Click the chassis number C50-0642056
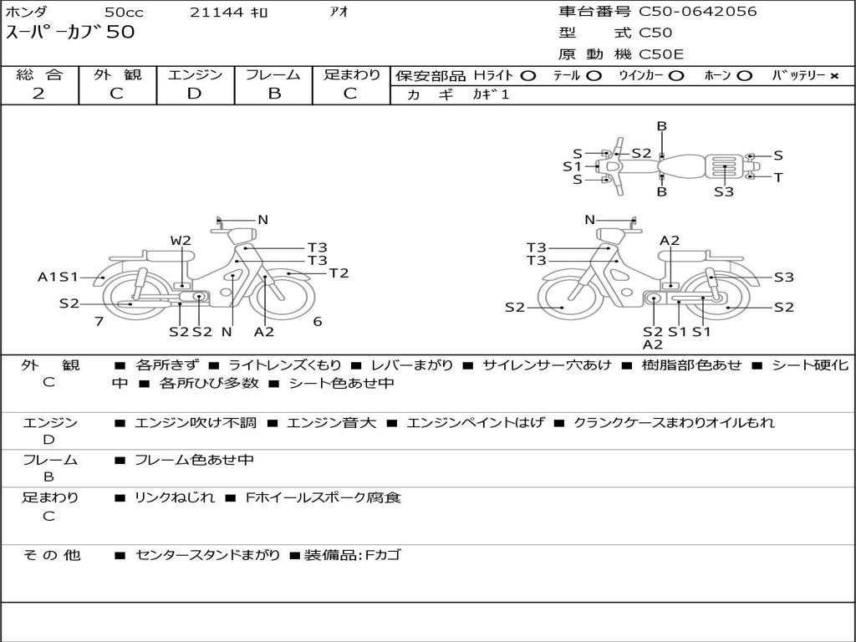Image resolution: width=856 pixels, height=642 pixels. (698, 12)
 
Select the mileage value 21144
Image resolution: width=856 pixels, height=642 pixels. (217, 13)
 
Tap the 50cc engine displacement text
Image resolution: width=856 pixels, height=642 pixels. (124, 13)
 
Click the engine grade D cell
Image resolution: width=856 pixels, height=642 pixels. (194, 94)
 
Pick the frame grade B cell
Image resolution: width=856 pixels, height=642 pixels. (273, 94)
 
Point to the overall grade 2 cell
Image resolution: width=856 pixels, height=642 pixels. (38, 94)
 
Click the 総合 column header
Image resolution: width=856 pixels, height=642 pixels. (39, 75)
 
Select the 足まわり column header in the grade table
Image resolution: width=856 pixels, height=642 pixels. (352, 75)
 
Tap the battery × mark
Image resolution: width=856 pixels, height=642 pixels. (834, 76)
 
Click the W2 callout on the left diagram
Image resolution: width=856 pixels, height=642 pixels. (181, 241)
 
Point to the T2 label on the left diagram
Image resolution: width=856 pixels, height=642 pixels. (339, 273)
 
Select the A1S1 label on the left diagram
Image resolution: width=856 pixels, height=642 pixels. (58, 277)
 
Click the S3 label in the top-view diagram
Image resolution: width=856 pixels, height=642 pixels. (724, 191)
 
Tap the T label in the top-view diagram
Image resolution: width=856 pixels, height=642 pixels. (778, 177)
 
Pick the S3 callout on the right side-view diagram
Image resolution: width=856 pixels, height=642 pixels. (783, 278)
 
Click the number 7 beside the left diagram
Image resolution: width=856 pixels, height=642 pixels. (99, 321)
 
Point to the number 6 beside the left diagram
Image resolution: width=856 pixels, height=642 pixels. (318, 321)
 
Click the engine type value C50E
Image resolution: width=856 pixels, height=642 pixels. (661, 54)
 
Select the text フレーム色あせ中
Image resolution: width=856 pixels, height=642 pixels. (194, 460)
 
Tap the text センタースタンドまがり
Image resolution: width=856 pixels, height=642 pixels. (207, 554)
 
